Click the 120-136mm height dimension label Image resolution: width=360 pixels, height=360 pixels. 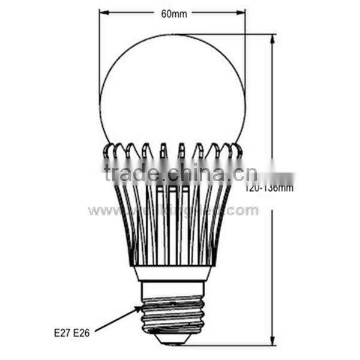pyautogui.click(x=269, y=188)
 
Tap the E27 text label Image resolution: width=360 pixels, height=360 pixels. pyautogui.click(x=61, y=332)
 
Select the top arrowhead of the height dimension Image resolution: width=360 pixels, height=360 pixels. pyautogui.click(x=273, y=38)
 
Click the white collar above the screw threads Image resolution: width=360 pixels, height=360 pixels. pyautogui.click(x=172, y=274)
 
